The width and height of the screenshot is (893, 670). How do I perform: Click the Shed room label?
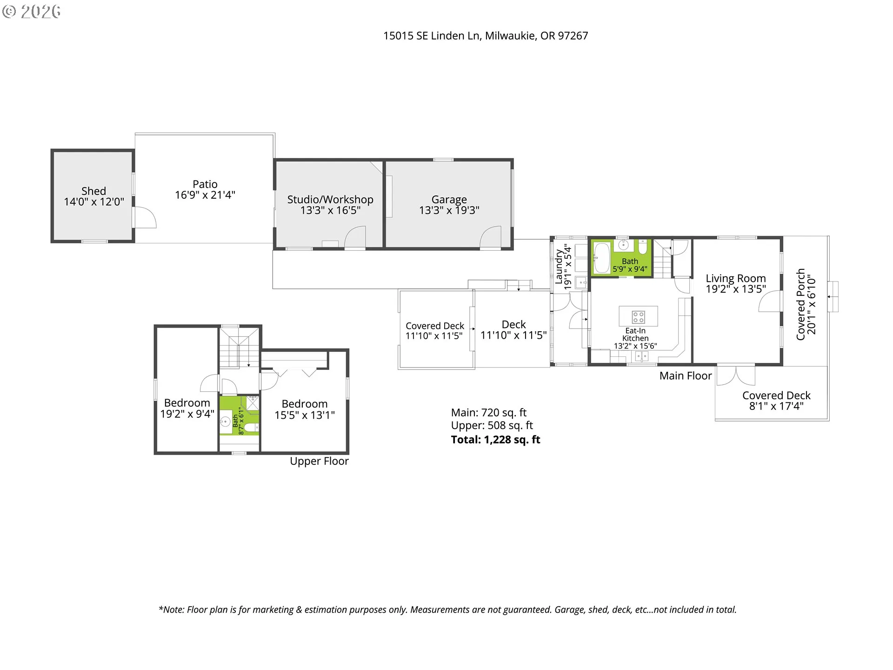click(x=93, y=191)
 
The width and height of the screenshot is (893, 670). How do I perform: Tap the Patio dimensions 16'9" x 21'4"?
click(x=205, y=195)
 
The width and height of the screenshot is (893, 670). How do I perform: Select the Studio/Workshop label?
click(x=330, y=200)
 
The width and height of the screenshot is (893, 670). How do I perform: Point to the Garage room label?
click(x=449, y=200)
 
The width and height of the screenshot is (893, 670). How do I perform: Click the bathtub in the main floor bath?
click(x=601, y=258)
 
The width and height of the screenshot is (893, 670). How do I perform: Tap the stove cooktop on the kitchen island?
click(x=638, y=317)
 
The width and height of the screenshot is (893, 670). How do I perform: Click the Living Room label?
click(x=735, y=278)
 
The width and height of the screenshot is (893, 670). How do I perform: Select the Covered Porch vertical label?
click(x=801, y=304)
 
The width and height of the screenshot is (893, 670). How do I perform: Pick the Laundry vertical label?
click(x=559, y=267)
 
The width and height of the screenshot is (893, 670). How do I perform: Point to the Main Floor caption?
click(x=685, y=376)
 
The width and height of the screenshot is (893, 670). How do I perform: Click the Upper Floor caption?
click(x=319, y=461)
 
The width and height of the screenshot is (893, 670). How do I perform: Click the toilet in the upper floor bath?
click(x=250, y=428)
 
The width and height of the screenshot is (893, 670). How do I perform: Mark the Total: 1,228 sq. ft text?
click(x=495, y=440)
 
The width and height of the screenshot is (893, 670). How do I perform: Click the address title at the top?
click(x=485, y=36)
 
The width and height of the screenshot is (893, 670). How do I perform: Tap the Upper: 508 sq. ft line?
click(x=492, y=426)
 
